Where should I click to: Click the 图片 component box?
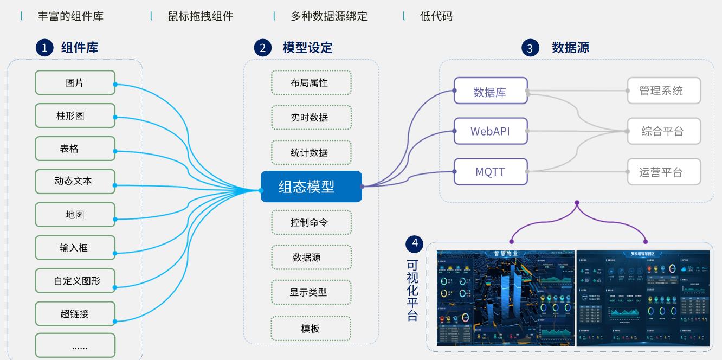[x=75, y=83]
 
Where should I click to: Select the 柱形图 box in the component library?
[x=75, y=116]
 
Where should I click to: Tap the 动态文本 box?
[x=75, y=181]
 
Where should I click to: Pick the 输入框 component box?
[x=75, y=248]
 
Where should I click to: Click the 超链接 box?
[x=75, y=313]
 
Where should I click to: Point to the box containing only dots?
[x=75, y=345]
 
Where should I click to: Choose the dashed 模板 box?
[x=311, y=328]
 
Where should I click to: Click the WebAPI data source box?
[x=491, y=131]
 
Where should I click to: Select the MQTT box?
[x=491, y=172]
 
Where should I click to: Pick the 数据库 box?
[x=491, y=91]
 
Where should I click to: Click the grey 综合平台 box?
[x=664, y=131]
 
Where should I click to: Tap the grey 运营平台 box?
[x=664, y=172]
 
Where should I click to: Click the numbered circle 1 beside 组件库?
[x=44, y=48]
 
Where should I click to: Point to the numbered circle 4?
[x=415, y=243]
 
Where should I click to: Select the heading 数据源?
[x=570, y=48]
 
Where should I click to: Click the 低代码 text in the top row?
[x=436, y=16]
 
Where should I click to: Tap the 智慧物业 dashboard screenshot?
[x=505, y=298]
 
